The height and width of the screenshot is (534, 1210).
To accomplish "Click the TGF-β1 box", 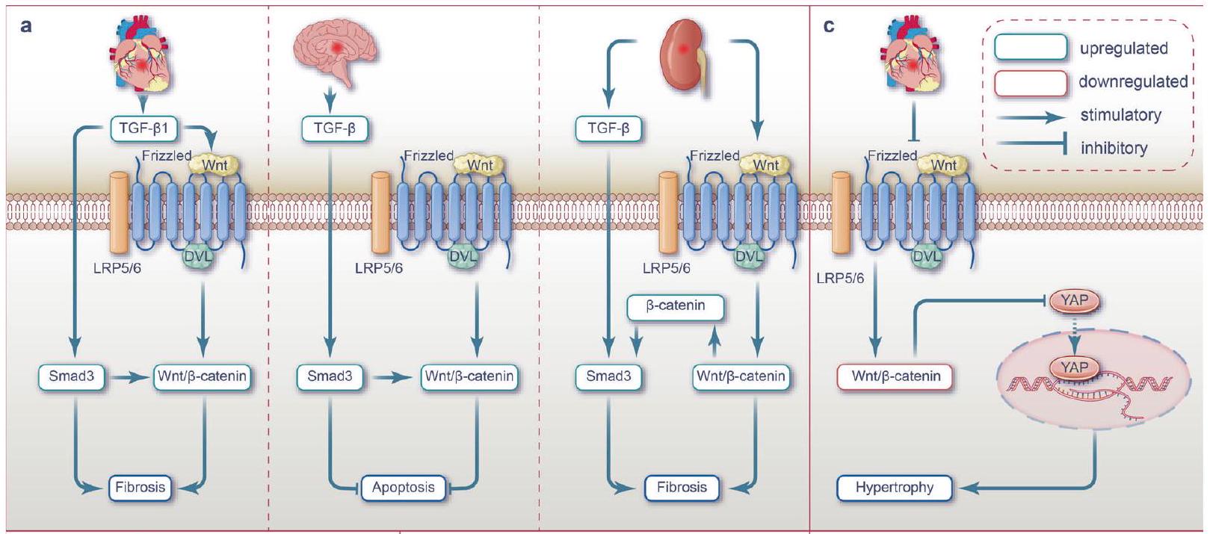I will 144,128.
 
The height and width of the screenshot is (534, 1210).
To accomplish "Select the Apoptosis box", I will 403,488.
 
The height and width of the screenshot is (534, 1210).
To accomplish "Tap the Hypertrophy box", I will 895,488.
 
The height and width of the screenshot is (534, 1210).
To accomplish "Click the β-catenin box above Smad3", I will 675,305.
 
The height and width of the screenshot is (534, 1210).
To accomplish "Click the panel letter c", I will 829,26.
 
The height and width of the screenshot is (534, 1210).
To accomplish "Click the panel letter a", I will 27,26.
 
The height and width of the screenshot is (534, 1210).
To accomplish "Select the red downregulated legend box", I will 1030,83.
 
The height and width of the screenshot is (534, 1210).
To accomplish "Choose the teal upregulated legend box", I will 1030,48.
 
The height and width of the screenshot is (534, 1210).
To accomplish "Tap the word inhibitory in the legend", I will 1114,148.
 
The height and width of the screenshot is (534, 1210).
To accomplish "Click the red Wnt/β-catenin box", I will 895,376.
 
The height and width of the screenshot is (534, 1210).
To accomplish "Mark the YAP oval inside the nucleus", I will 1074,367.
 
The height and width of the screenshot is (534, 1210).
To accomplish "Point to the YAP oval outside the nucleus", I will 1074,301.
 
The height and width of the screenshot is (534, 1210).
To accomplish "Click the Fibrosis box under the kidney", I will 682,488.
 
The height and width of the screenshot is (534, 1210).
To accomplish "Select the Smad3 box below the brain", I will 330,376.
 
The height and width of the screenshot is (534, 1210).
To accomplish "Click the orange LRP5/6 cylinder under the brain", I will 380,213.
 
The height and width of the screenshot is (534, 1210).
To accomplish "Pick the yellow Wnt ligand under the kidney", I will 765,164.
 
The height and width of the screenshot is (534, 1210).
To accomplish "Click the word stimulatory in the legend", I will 1120,115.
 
